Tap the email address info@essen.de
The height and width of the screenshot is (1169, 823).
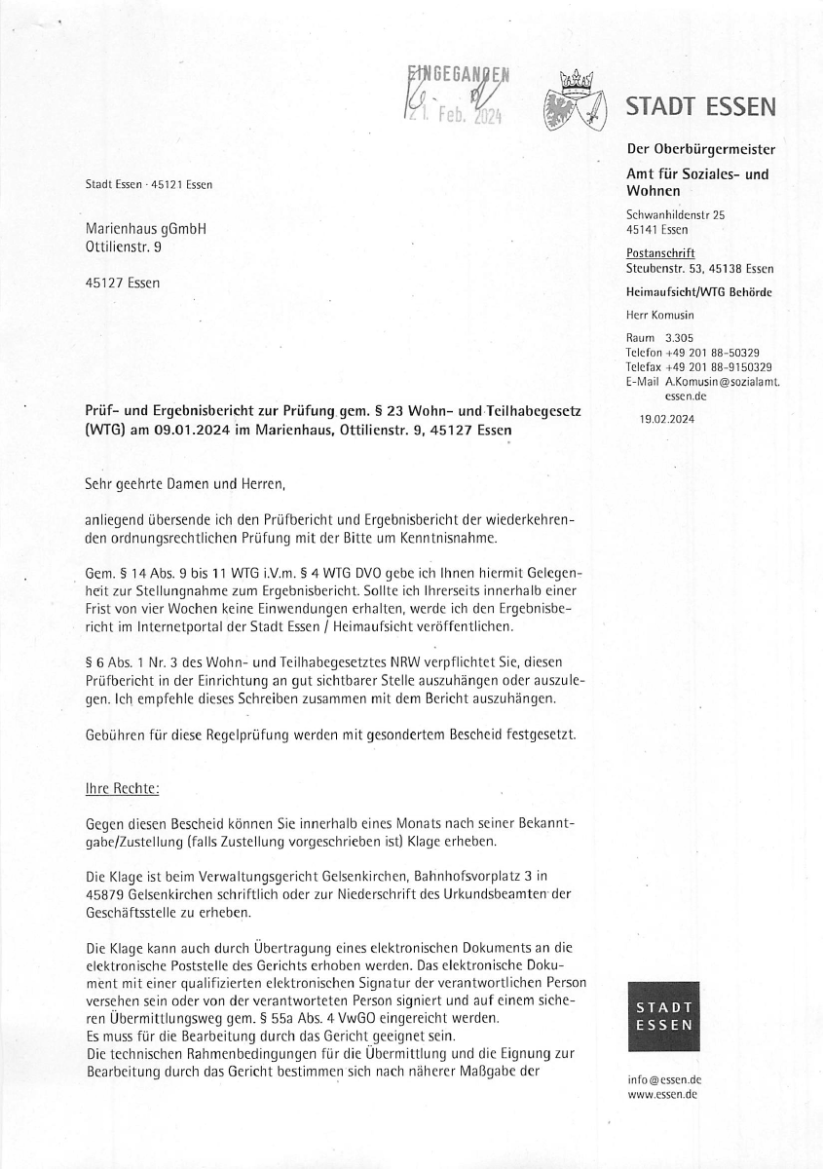pyautogui.click(x=663, y=1080)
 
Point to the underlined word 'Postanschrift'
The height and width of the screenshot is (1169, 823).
pyautogui.click(x=654, y=253)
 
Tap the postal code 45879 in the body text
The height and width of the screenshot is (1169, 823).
pyautogui.click(x=105, y=896)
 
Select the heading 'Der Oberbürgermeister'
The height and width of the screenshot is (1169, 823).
pyautogui.click(x=700, y=149)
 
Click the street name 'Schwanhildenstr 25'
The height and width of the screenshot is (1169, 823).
pyautogui.click(x=675, y=214)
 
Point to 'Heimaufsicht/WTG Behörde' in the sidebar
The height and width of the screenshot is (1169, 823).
pyautogui.click(x=699, y=292)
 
